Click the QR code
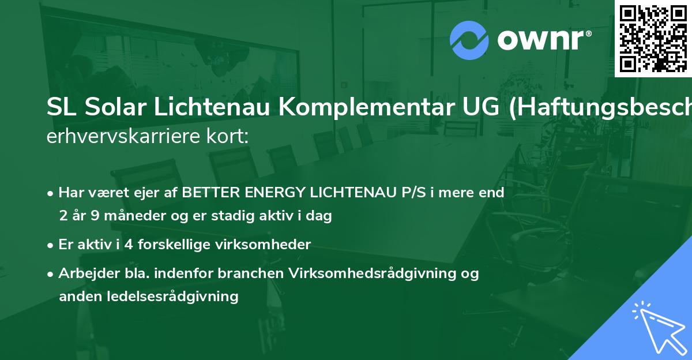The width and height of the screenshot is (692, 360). (653, 38)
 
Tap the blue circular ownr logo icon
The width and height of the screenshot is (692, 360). (469, 40)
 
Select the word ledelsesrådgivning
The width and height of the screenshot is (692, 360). (173, 297)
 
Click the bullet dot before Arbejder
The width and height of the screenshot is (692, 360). (51, 274)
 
